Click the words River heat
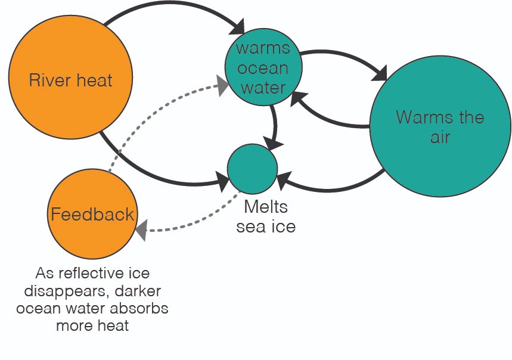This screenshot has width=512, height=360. (71, 79)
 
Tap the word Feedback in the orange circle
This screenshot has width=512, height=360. (92, 214)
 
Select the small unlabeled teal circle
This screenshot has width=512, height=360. (252, 169)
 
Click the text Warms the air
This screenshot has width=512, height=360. (440, 126)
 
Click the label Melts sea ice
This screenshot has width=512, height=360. (266, 217)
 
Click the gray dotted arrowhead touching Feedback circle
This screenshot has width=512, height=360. (141, 229)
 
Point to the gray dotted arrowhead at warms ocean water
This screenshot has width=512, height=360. (222, 87)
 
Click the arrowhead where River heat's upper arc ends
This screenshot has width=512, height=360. (238, 27)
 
